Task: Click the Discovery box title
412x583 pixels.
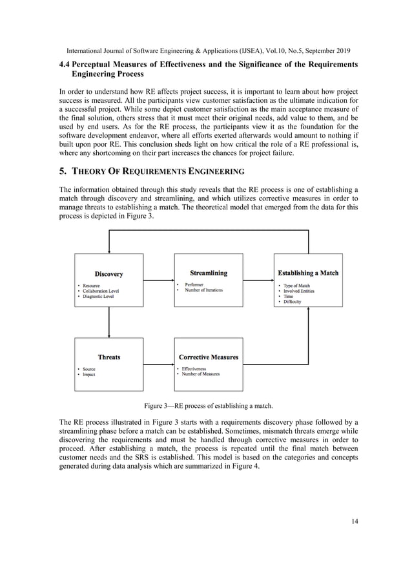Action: click(108, 274)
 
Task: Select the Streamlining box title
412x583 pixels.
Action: click(208, 273)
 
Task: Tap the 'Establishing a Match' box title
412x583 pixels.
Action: click(307, 273)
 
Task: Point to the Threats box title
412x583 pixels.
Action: click(108, 357)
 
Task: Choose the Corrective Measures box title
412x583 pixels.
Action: click(208, 357)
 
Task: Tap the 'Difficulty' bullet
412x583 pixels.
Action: click(292, 302)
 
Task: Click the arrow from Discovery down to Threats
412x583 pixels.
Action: click(108, 323)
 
